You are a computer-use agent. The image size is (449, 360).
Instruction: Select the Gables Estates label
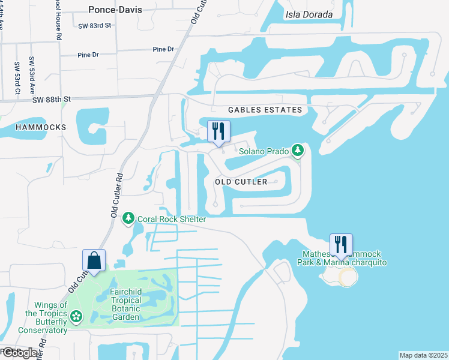click(265, 110)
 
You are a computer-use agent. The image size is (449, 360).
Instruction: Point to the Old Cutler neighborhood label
click(241, 181)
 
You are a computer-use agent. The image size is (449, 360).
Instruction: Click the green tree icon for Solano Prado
click(297, 150)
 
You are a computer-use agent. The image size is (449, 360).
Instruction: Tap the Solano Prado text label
click(265, 151)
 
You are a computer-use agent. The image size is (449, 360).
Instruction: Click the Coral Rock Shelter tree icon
click(128, 219)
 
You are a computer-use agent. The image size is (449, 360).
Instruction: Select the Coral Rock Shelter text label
click(172, 219)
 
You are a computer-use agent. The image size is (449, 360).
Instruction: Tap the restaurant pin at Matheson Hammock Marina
click(341, 245)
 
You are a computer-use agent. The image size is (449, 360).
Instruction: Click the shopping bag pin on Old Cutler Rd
click(94, 260)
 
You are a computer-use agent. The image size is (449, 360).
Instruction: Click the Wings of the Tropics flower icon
click(76, 316)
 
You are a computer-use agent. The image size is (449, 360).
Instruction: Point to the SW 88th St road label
click(52, 99)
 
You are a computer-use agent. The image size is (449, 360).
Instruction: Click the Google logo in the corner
click(20, 353)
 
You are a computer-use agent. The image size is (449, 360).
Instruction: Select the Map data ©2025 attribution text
click(423, 355)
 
